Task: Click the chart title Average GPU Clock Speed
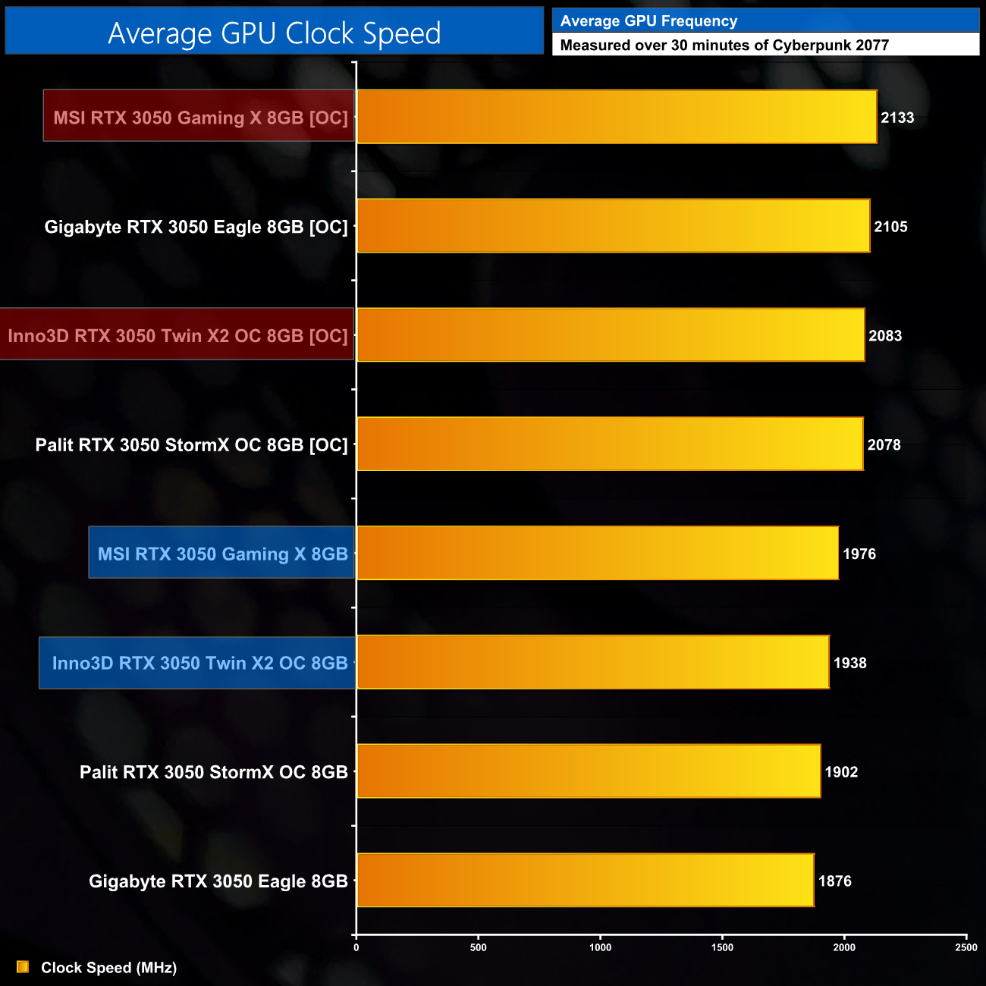(274, 33)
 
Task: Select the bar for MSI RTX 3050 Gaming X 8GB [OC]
(616, 117)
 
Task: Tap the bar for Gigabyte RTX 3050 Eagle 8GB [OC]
(613, 226)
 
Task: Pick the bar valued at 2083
(610, 334)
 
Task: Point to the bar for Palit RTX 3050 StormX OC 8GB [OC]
(609, 444)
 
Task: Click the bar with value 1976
(597, 553)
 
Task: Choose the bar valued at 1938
(592, 662)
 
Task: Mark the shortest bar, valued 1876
(585, 880)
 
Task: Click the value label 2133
(897, 118)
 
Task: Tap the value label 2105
(890, 227)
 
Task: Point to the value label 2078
(884, 445)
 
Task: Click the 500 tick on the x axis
(478, 947)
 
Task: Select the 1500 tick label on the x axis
(722, 947)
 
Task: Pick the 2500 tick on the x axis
(966, 947)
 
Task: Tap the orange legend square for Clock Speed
(23, 967)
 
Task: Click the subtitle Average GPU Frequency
(648, 21)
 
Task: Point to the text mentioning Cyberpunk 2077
(724, 45)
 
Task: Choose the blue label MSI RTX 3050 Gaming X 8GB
(222, 554)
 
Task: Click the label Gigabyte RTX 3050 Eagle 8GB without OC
(218, 881)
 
